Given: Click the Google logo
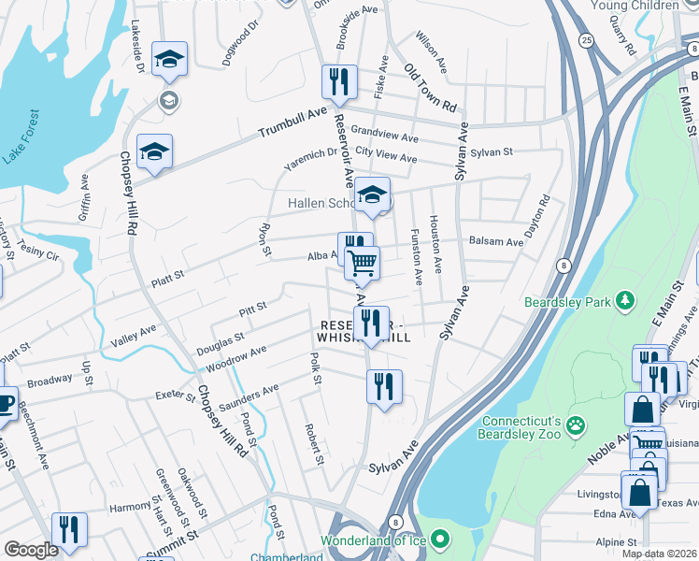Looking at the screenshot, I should (31, 550).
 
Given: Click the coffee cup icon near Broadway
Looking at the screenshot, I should (4, 403).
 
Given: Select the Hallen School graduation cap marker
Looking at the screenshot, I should (373, 194).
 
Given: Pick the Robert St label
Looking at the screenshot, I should (313, 444).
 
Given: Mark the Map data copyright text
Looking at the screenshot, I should (659, 554).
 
